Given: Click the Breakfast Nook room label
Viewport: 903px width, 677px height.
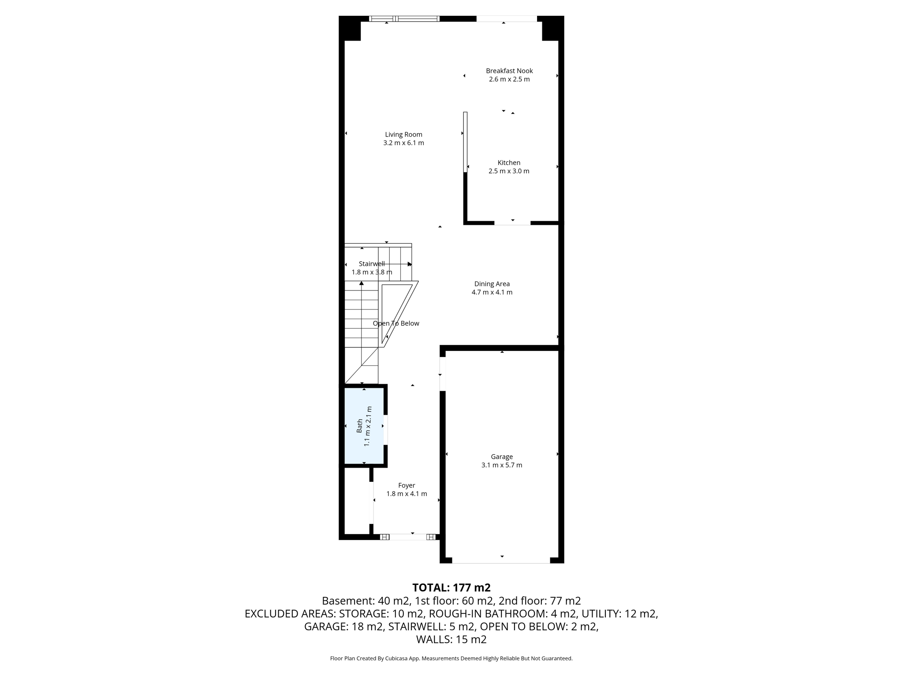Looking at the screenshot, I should pos(509,71).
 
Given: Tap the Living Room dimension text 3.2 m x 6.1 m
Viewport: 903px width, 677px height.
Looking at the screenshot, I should pos(403,143).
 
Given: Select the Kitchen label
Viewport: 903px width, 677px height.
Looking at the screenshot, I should pos(509,163).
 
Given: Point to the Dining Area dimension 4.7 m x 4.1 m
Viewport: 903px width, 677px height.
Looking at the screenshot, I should pos(492,292).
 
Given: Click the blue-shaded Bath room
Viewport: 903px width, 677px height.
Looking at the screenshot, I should pos(364,426).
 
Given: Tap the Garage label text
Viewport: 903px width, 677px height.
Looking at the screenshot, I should pos(502,457).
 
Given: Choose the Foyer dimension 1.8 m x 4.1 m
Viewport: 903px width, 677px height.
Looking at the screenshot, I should pos(407,494).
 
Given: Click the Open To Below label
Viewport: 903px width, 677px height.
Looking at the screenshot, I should pos(396,324).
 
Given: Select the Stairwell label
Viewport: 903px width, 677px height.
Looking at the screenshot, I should pos(372,264).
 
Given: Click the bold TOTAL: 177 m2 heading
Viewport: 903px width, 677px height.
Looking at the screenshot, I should pos(451,588).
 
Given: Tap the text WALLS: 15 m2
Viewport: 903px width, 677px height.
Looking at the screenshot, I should pos(451,639).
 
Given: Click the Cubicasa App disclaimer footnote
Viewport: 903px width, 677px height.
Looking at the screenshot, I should pos(451,658).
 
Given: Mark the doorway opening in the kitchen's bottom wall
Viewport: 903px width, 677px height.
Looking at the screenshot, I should pos(512,223).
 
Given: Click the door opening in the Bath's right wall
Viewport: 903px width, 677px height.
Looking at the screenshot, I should pos(385,430).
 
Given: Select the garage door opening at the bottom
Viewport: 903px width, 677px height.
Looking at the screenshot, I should pos(501,561).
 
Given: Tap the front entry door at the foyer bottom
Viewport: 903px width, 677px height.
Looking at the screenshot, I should pos(408,537).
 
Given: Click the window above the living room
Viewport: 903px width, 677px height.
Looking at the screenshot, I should pos(404,19).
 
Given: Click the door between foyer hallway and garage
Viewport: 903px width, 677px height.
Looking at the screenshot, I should pos(443,374).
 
